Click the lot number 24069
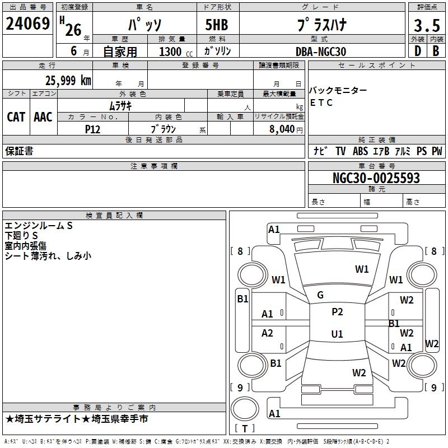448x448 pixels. (x=27, y=24)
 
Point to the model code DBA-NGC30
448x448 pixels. (x=321, y=52)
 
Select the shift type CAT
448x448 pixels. (x=16, y=117)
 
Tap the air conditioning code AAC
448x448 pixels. (x=43, y=117)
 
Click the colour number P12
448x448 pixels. (x=92, y=129)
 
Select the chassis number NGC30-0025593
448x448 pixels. (x=376, y=178)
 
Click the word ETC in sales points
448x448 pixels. (x=321, y=102)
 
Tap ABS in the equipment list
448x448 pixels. (x=360, y=151)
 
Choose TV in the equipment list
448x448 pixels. (x=340, y=151)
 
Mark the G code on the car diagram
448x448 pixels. (x=320, y=295)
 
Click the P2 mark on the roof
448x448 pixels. (x=337, y=312)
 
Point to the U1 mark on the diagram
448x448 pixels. (x=337, y=334)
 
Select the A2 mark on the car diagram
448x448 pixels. (x=268, y=333)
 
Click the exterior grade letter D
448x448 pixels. (x=417, y=51)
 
